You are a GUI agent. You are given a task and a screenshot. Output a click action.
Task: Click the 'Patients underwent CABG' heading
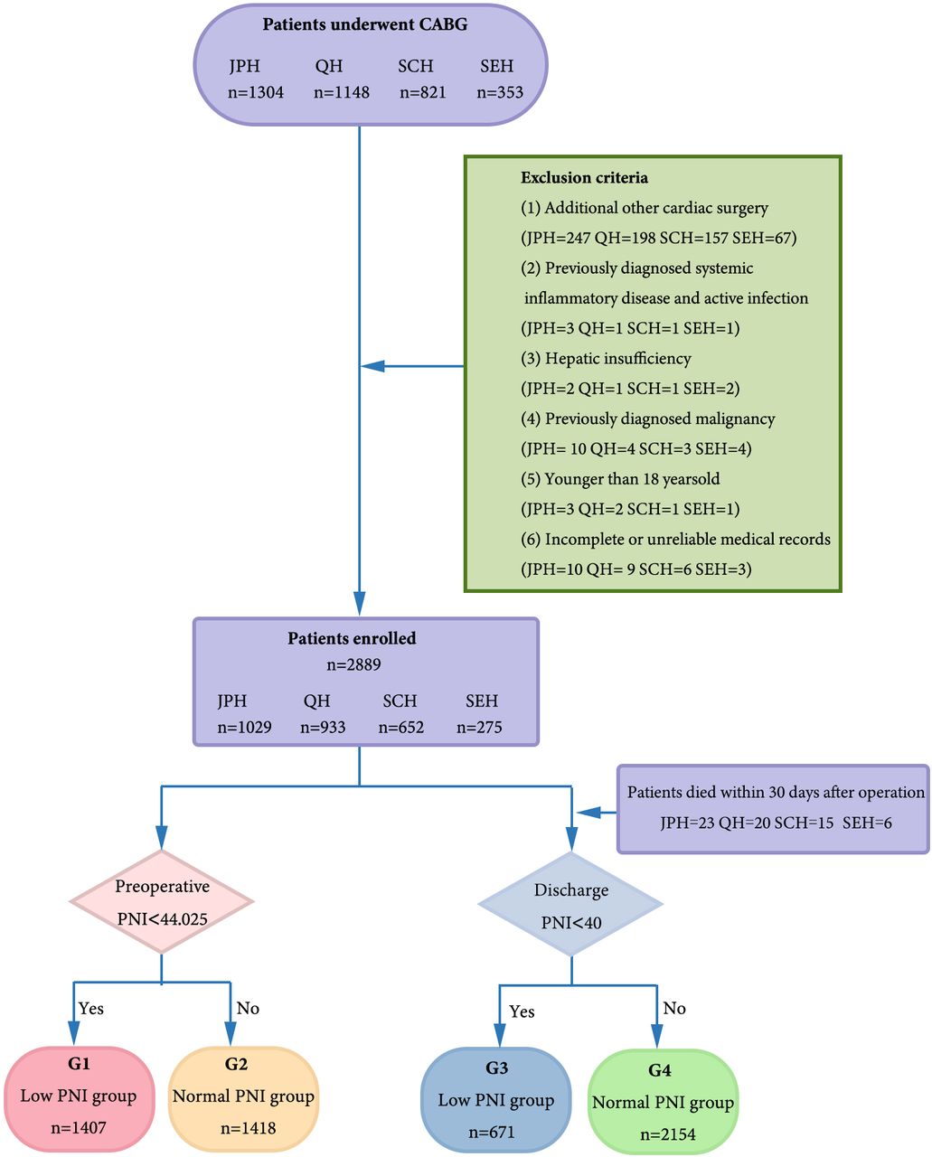pos(364,24)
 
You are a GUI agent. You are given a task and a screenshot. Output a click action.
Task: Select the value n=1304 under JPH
pos(256,92)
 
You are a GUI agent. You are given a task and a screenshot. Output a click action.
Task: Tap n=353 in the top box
pos(500,92)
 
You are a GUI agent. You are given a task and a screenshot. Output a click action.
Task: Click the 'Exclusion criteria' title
pos(584,177)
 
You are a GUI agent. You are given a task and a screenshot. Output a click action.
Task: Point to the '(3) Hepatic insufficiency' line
pos(606,359)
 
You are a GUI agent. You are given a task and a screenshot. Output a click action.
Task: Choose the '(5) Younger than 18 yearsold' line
pos(620,479)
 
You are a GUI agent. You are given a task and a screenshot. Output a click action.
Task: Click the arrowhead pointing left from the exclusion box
pos(372,366)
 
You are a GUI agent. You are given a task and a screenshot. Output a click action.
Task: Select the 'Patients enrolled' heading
pos(352,638)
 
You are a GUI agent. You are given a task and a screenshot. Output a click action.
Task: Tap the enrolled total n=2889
pos(353,664)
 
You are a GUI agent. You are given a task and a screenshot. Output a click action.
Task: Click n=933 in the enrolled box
pos(323,728)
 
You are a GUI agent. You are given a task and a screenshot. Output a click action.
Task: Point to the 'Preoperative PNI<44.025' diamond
pos(162,901)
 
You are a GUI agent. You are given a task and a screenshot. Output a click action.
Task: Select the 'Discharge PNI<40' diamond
pos(570,904)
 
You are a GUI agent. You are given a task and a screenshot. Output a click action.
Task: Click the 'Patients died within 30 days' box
pos(773,809)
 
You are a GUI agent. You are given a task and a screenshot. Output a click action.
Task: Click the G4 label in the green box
pos(659,1070)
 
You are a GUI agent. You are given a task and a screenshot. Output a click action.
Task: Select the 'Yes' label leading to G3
pos(522,1011)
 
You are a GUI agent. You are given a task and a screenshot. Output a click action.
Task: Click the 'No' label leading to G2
pos(248,1008)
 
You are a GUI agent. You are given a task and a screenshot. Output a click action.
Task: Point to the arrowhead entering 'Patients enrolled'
pos(359,603)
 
